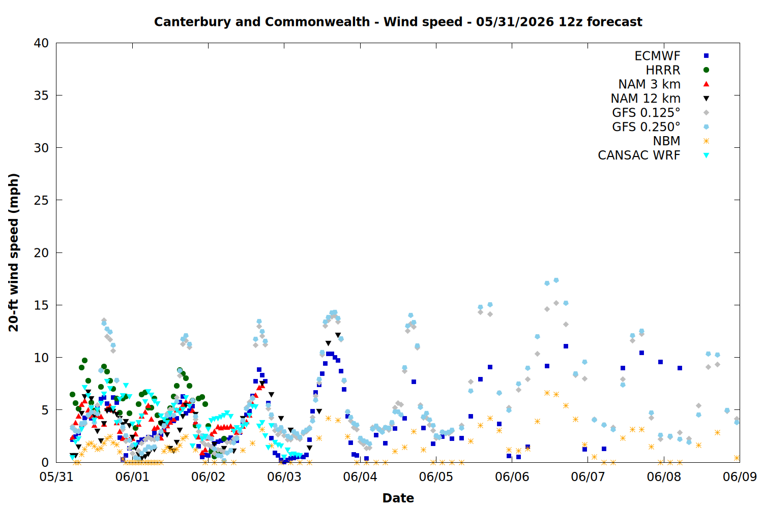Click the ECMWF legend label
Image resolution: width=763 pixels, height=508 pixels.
coord(657,56)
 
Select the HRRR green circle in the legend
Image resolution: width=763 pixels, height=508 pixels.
coord(706,70)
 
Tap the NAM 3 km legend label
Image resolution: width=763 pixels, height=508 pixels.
coord(649,84)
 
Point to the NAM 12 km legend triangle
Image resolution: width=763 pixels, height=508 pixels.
coord(706,99)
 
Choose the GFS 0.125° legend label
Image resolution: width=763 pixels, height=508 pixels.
coord(646,113)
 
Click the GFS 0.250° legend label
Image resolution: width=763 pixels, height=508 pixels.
coord(646,127)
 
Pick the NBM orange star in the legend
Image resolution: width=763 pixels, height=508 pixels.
coord(706,141)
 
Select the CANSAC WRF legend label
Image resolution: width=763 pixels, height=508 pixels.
coord(639,155)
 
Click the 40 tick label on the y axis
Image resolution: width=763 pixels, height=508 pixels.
coord(41,43)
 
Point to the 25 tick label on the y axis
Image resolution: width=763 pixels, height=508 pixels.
coord(41,201)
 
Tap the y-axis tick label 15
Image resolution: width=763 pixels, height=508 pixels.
coord(41,305)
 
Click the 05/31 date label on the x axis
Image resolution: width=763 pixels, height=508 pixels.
coord(56,477)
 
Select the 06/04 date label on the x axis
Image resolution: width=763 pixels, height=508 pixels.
coord(360,477)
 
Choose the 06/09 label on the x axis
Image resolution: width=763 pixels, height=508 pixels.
coord(740,477)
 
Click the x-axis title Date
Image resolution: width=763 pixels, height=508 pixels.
coord(398,498)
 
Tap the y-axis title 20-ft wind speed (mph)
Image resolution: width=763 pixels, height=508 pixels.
coord(14,252)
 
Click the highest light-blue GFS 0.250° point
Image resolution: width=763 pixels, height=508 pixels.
coord(556,280)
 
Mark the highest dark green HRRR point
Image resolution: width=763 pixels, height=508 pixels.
coord(84,360)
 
